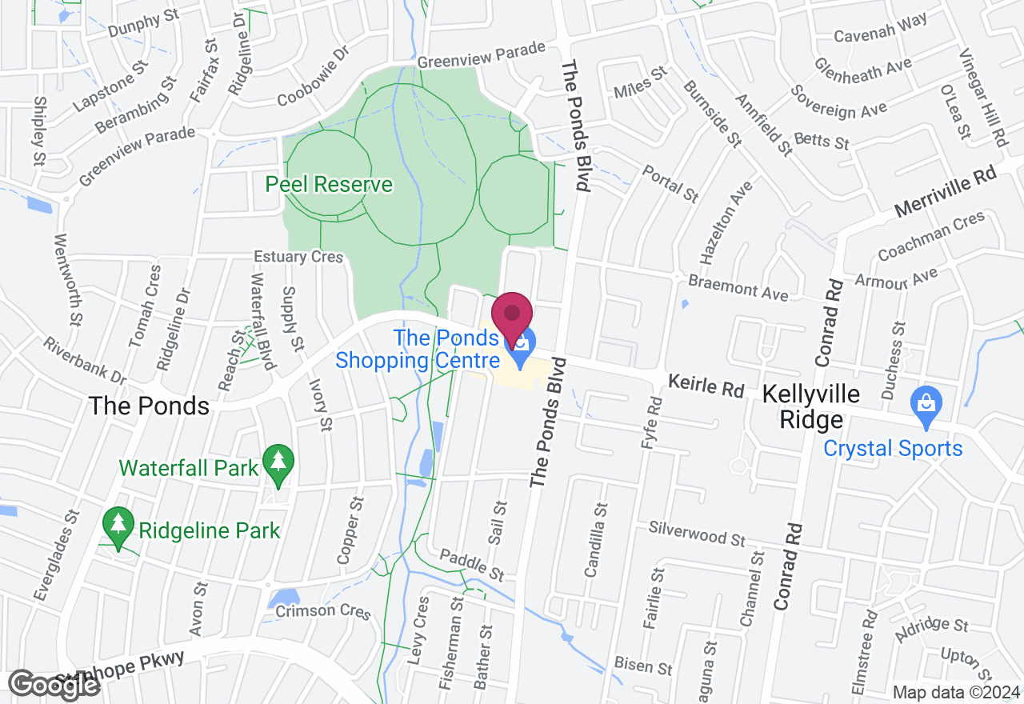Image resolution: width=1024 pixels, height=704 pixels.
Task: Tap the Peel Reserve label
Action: pos(329,185)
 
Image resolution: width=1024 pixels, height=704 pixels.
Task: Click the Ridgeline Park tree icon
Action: pos(118,526)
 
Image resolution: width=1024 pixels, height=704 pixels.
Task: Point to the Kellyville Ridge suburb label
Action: pos(811,406)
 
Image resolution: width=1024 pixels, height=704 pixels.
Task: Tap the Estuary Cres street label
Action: pos(298,257)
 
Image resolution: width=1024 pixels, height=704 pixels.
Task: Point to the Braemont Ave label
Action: pos(738,287)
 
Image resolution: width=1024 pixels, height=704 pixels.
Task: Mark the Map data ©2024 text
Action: pos(955,693)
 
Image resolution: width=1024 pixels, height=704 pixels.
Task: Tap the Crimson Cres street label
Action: pos(322,611)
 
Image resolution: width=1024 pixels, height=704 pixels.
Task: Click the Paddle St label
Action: pos(471,564)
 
